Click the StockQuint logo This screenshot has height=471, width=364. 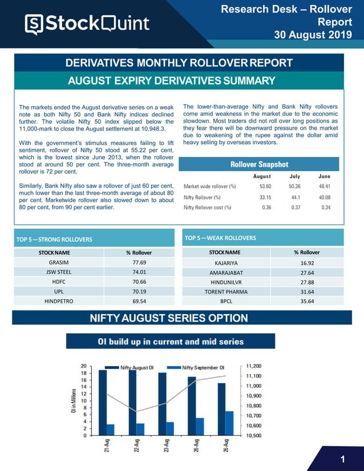click(x=87, y=23)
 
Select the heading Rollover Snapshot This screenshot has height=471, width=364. click(x=259, y=164)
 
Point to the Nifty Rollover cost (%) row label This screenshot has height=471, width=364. click(x=208, y=208)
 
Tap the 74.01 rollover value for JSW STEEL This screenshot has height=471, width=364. click(x=138, y=272)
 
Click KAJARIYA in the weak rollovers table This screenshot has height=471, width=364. click(x=224, y=263)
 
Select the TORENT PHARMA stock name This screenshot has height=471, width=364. click(x=224, y=292)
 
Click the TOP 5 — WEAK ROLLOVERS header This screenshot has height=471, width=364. click(x=220, y=238)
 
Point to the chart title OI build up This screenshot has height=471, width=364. click(x=171, y=342)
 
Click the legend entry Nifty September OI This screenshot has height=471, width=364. click(x=203, y=368)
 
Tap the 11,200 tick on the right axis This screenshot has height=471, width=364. click(x=254, y=366)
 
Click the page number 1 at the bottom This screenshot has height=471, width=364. click(x=342, y=460)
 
